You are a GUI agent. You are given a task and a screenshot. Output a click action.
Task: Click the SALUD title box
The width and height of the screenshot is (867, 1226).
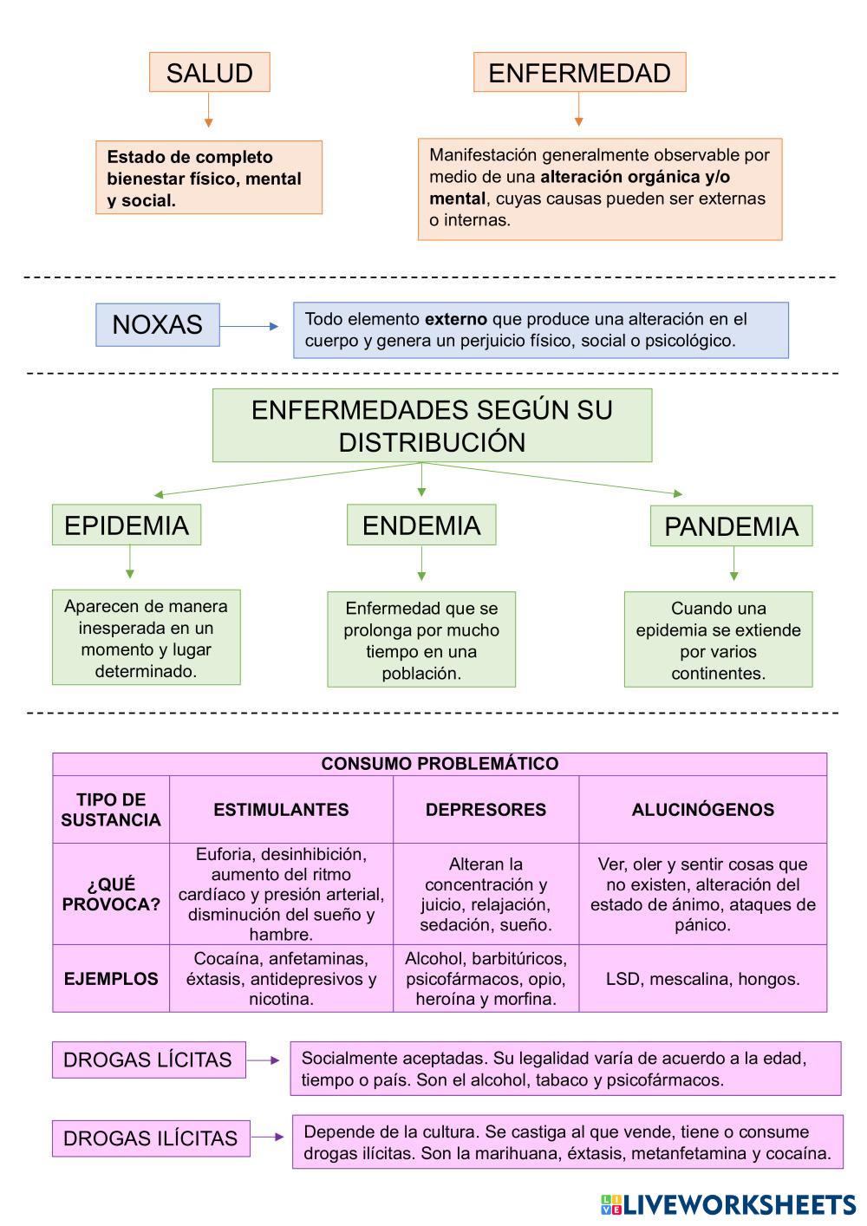click(209, 72)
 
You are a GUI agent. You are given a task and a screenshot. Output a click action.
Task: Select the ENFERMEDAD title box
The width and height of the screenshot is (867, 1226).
click(579, 72)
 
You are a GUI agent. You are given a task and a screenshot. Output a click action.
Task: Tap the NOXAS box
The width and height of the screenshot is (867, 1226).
click(157, 324)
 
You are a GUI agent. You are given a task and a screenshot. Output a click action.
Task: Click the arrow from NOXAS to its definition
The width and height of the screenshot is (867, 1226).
click(250, 327)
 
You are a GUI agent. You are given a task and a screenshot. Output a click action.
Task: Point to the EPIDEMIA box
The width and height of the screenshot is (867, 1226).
click(127, 525)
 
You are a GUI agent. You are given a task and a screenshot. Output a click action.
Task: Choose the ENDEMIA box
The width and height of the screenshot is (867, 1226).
click(421, 525)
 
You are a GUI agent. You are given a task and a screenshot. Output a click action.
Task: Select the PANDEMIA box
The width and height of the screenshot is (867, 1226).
click(731, 525)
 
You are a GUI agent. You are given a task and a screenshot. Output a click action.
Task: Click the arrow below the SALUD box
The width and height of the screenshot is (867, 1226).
click(208, 111)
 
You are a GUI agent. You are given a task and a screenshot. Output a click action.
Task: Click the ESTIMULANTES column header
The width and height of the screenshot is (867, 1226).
click(281, 810)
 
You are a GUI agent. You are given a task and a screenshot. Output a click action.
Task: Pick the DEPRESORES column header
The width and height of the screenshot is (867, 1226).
click(486, 810)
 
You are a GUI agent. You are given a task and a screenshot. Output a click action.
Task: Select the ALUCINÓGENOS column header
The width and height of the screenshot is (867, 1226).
click(702, 810)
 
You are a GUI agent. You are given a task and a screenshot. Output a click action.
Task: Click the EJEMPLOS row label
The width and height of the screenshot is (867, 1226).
click(111, 979)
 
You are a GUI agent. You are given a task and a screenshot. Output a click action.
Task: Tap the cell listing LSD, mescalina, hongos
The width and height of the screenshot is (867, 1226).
click(702, 979)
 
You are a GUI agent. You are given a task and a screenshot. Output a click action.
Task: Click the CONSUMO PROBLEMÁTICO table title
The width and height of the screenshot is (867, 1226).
click(440, 764)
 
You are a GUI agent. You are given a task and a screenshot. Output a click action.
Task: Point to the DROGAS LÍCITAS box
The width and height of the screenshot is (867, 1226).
click(148, 1060)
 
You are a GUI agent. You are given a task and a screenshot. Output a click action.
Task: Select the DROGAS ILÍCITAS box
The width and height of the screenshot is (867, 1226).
click(151, 1138)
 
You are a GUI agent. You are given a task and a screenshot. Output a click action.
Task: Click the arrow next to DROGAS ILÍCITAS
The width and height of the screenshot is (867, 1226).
click(269, 1138)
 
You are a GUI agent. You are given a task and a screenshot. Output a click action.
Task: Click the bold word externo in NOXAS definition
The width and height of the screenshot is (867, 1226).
click(455, 319)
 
